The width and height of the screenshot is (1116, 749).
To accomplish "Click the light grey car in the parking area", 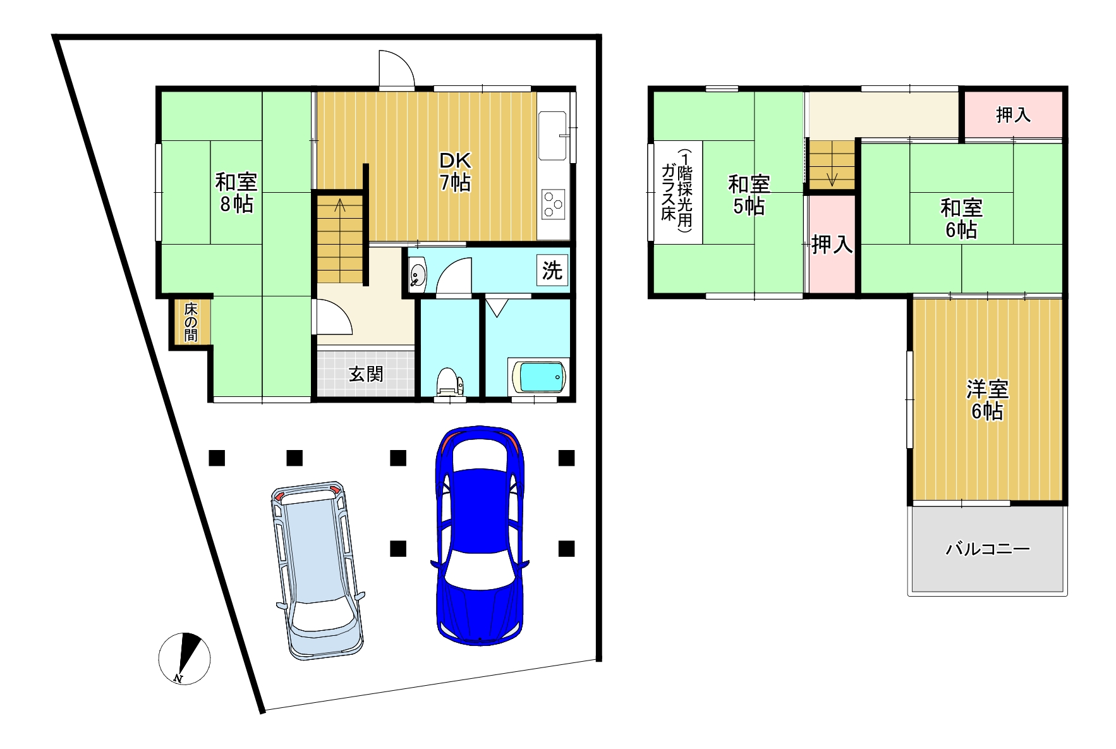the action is (318, 571).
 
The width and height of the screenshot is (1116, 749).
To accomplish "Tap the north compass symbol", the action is (184, 658).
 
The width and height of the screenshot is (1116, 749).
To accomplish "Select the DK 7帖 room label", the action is (455, 172).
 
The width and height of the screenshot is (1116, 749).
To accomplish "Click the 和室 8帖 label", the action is (236, 193).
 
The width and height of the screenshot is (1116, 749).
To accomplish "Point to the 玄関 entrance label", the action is (366, 374).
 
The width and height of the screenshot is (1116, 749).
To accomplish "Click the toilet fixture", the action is (449, 383).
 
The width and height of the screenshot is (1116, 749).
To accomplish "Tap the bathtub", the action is (538, 377).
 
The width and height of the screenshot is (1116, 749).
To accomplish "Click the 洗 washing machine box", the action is (552, 271).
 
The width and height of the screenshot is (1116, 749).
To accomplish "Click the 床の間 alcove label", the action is (190, 322).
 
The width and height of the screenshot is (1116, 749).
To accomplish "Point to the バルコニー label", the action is (988, 549).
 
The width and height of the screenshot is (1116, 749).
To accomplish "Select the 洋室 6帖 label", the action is (987, 400).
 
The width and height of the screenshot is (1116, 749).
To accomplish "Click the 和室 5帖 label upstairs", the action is (749, 195).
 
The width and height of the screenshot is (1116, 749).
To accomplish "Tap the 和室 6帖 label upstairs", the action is (961, 218).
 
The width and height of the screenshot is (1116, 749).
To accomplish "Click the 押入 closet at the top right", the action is (1013, 114).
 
